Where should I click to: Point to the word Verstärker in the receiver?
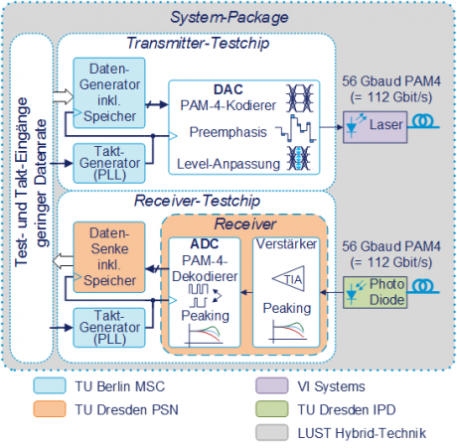point(290,243)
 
